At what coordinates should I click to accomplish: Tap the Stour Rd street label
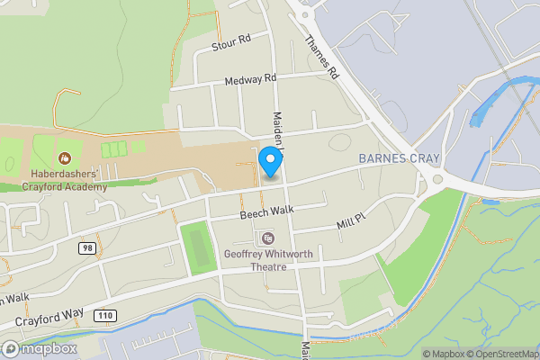231,42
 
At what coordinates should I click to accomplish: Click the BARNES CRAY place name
399,158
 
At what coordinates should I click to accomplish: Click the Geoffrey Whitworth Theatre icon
268,238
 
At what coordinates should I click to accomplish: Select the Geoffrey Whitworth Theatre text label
268,260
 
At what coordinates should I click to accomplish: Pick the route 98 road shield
86,247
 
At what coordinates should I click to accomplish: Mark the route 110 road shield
106,315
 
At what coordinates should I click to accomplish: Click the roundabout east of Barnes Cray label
438,178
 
